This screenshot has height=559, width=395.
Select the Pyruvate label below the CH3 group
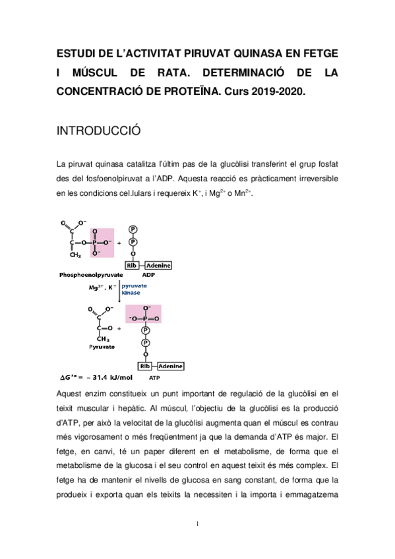(100, 346)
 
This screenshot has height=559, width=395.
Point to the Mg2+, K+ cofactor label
(102, 287)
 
